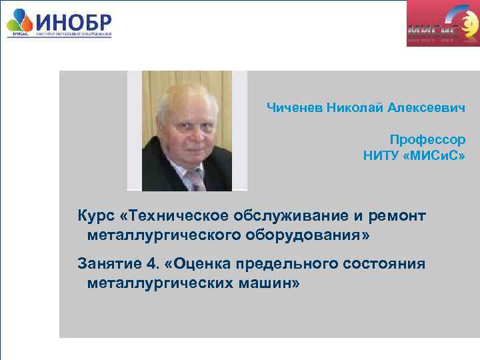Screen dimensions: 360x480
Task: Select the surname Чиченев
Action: [295, 107]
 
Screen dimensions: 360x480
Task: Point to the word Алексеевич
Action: [428, 107]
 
